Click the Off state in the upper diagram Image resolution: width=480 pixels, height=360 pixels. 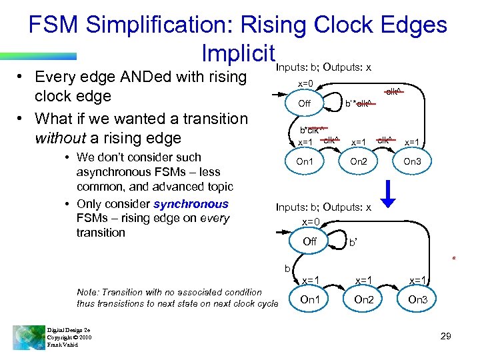304,103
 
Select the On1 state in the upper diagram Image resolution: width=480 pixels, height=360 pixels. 305,161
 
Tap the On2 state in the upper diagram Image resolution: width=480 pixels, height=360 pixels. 358,161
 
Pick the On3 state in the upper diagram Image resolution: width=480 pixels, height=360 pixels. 412,161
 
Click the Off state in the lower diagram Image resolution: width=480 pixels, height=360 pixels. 309,241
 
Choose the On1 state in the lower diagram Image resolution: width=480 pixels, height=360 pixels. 310,299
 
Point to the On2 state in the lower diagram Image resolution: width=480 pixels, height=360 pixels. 363,299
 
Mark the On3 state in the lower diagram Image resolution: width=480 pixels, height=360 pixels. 417,299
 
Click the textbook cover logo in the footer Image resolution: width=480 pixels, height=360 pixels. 29,336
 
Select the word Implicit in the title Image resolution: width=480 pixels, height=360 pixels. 238,53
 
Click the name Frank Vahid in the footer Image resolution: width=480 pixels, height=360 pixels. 62,345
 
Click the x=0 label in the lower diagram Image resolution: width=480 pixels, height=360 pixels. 311,221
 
